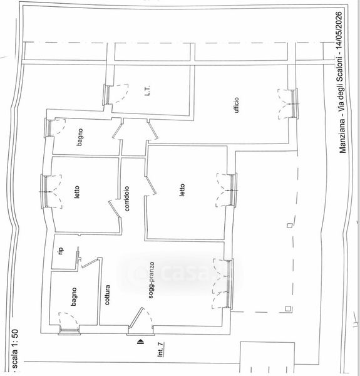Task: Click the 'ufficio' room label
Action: click(237, 105)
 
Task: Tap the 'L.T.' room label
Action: click(148, 91)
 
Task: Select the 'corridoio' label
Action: click(126, 199)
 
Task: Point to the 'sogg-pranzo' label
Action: click(151, 280)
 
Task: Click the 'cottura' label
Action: click(107, 295)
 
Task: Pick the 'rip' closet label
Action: click(61, 251)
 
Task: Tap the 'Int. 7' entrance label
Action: click(161, 350)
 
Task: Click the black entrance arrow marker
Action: click(141, 342)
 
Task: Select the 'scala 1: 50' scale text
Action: click(15, 349)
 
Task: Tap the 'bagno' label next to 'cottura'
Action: click(74, 296)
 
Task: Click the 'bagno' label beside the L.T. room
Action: click(80, 137)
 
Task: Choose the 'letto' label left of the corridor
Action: click(76, 192)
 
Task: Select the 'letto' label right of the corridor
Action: click(182, 190)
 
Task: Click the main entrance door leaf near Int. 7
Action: click(136, 318)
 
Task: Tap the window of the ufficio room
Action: click(294, 103)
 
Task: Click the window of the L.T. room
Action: click(108, 95)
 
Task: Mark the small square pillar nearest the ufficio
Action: click(290, 225)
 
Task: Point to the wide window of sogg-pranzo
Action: click(229, 284)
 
